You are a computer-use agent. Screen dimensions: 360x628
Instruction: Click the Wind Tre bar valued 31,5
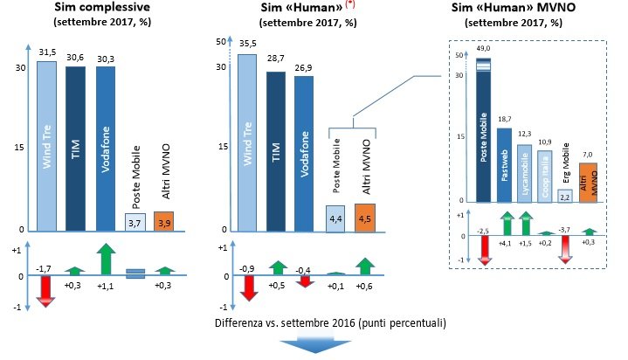pyautogui.click(x=46, y=144)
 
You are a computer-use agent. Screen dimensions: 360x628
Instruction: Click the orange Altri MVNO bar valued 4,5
pyautogui.click(x=366, y=218)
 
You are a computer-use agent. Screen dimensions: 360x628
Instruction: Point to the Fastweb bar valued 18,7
pyautogui.click(x=504, y=165)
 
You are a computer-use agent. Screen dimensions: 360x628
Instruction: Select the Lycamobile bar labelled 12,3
pyautogui.click(x=524, y=173)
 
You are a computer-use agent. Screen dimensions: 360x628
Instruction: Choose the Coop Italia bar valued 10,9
pyautogui.click(x=545, y=176)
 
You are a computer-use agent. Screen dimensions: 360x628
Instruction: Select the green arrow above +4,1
pyautogui.click(x=504, y=224)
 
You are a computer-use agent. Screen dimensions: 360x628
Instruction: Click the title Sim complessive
pyautogui.click(x=103, y=10)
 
